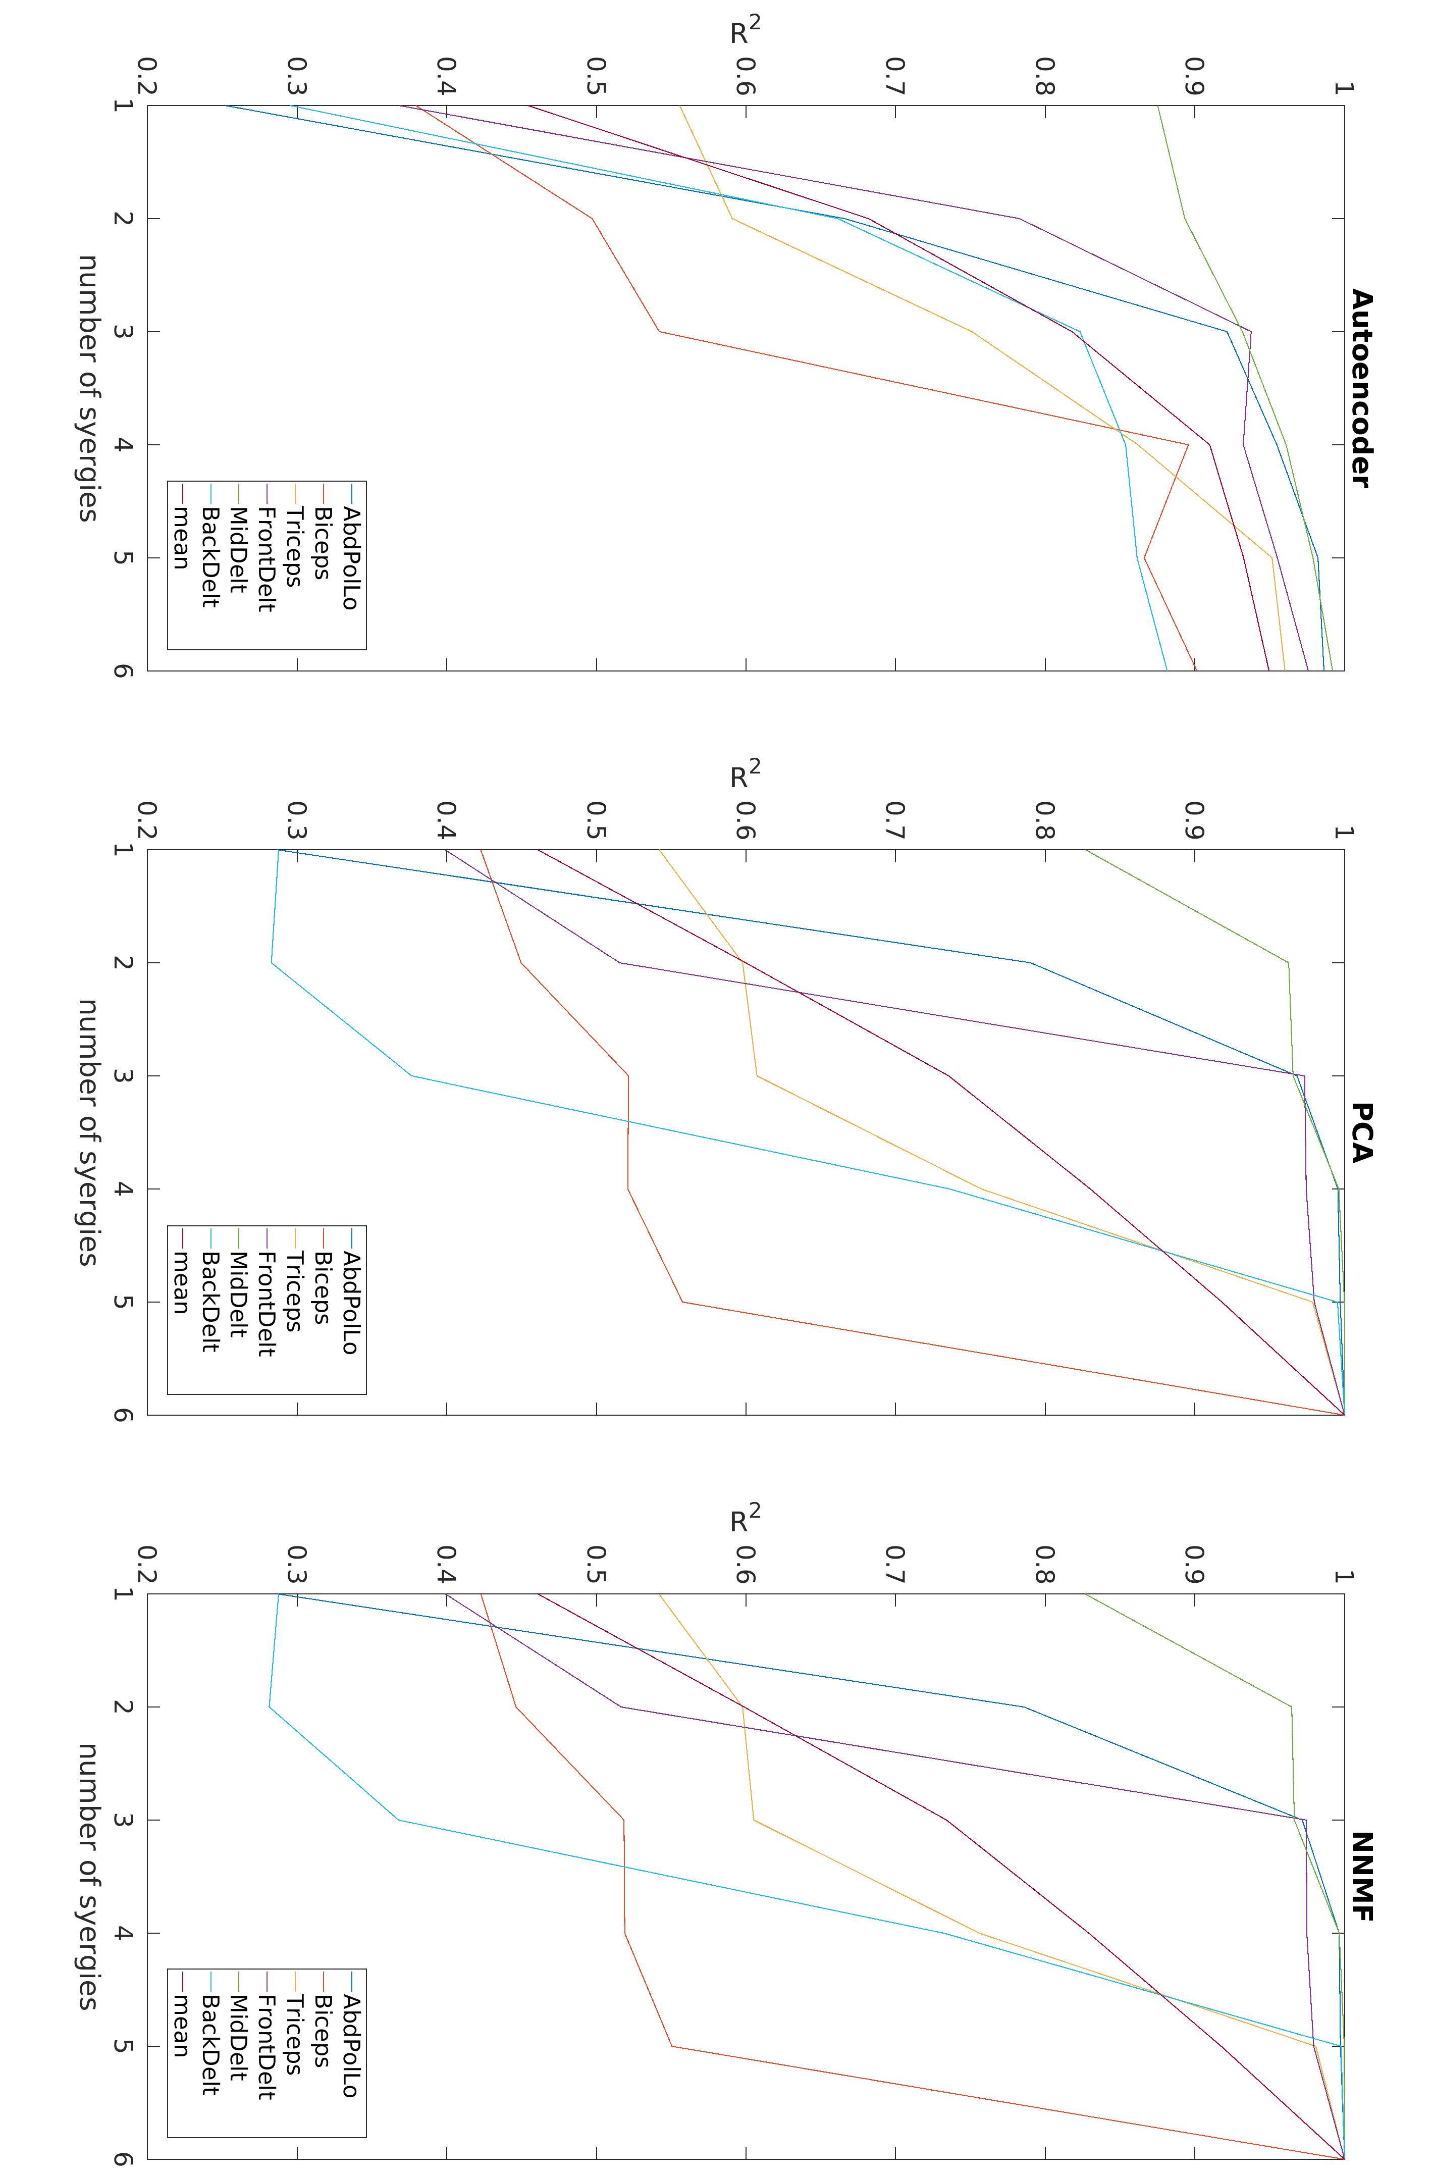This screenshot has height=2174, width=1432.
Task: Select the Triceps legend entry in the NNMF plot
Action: pos(293,2035)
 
